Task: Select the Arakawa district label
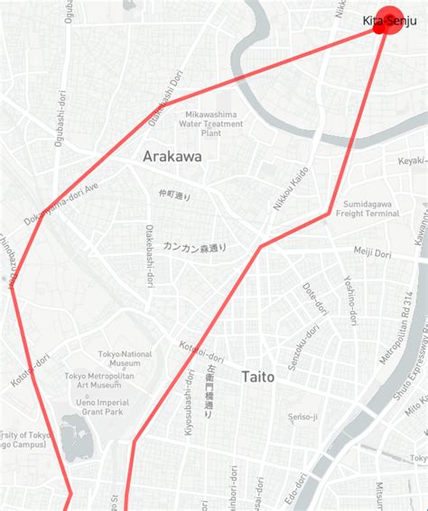pos(172,157)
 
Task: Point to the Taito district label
pos(257,377)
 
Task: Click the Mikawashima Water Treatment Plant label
pos(211,123)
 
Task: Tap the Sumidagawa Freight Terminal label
pos(368,208)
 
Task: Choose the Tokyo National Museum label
pos(125,360)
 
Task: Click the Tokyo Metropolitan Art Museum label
pos(99,380)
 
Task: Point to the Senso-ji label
pos(302,416)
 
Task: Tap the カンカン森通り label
pos(195,246)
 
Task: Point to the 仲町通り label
pos(175,195)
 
